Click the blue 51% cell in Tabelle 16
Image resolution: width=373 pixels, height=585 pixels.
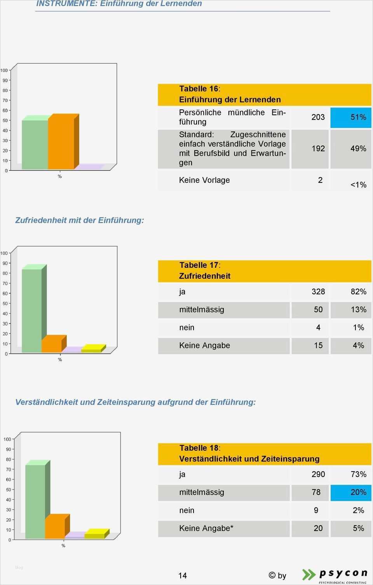pos(351,117)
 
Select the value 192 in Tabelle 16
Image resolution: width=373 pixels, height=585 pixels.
pos(318,149)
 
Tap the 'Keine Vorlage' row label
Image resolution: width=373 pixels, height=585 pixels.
pos(204,180)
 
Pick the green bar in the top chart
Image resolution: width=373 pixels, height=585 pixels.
pos(35,144)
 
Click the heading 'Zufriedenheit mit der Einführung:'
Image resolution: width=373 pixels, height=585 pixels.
pos(79,220)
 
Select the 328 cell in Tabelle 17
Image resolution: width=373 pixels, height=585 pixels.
pos(318,292)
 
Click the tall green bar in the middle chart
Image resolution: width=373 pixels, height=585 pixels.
pos(31,311)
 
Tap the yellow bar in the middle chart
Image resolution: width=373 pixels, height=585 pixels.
pos(92,349)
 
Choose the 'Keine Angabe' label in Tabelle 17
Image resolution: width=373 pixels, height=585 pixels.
pos(204,345)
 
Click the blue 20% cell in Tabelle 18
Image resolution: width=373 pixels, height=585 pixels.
pos(351,492)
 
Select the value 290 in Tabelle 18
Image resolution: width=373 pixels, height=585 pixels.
pos(318,474)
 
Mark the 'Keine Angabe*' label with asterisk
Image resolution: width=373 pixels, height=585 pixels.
pos(206,528)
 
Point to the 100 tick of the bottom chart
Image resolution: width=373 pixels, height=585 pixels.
pos(7,439)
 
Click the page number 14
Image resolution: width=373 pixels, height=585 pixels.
pos(182,576)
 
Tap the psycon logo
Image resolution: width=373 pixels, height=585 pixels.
pos(335,575)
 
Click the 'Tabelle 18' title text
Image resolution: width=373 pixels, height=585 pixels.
pos(199,448)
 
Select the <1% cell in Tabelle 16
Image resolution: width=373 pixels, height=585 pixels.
pos(358,185)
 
